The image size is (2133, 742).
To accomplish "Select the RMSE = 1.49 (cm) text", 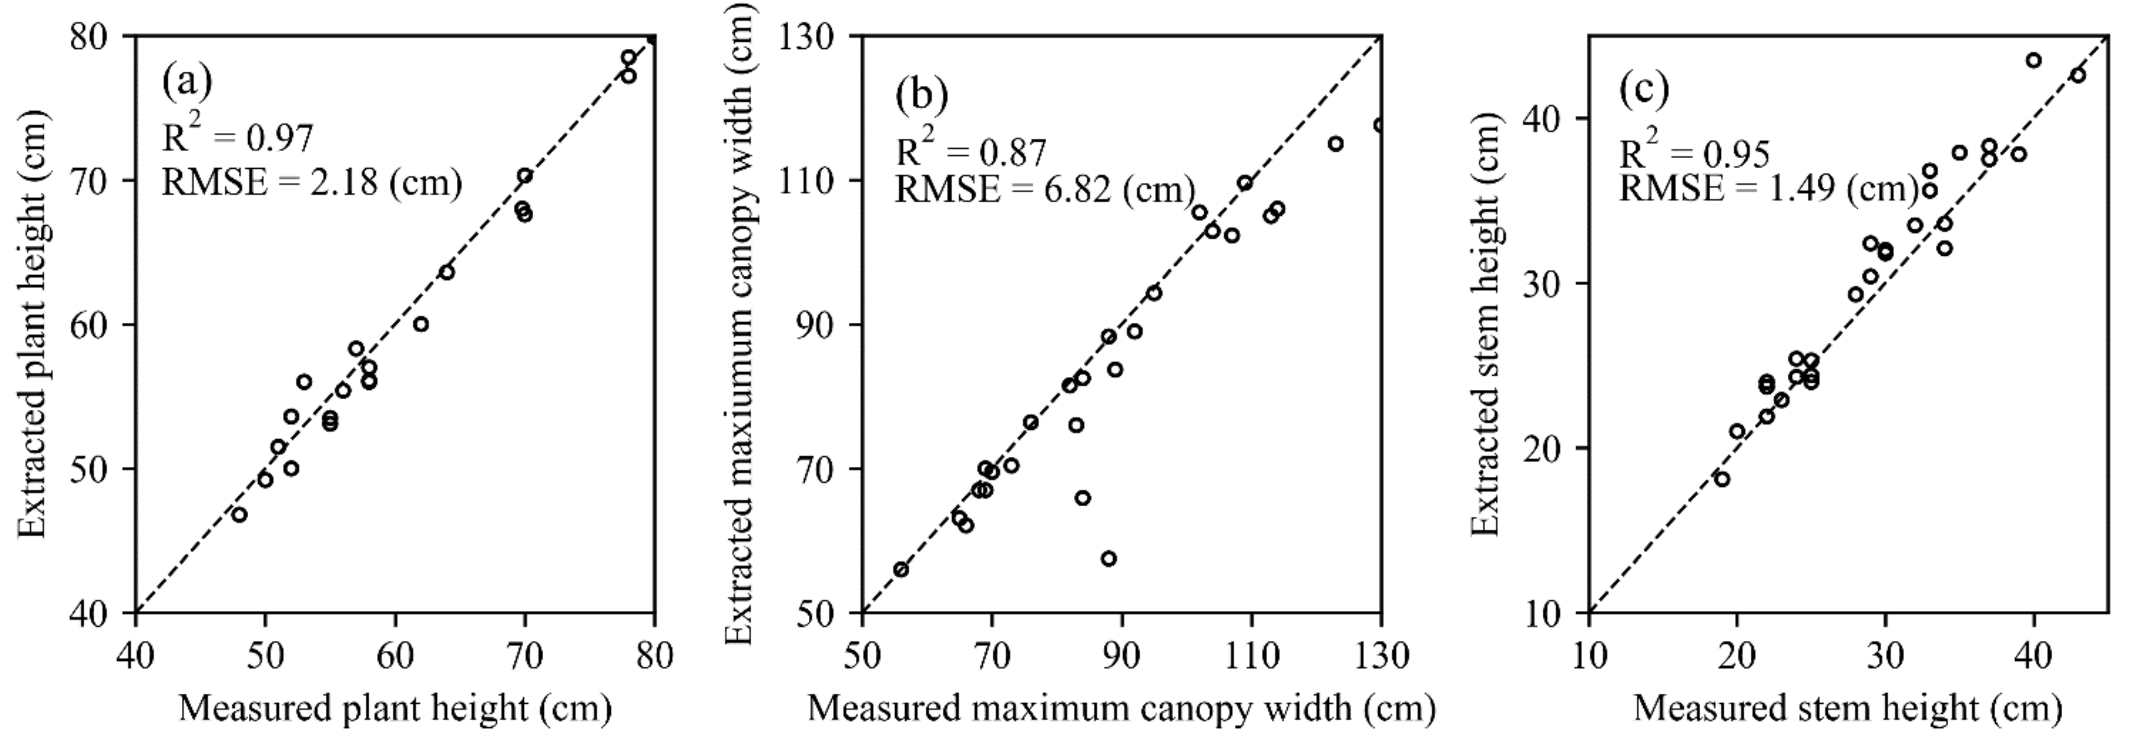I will [1768, 189].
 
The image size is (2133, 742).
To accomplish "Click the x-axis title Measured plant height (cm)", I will [395, 709].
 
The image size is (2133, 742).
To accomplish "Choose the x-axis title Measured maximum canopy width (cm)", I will [1121, 709].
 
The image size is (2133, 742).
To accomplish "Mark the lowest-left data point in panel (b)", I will [901, 570].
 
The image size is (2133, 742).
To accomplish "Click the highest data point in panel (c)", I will [2033, 60].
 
